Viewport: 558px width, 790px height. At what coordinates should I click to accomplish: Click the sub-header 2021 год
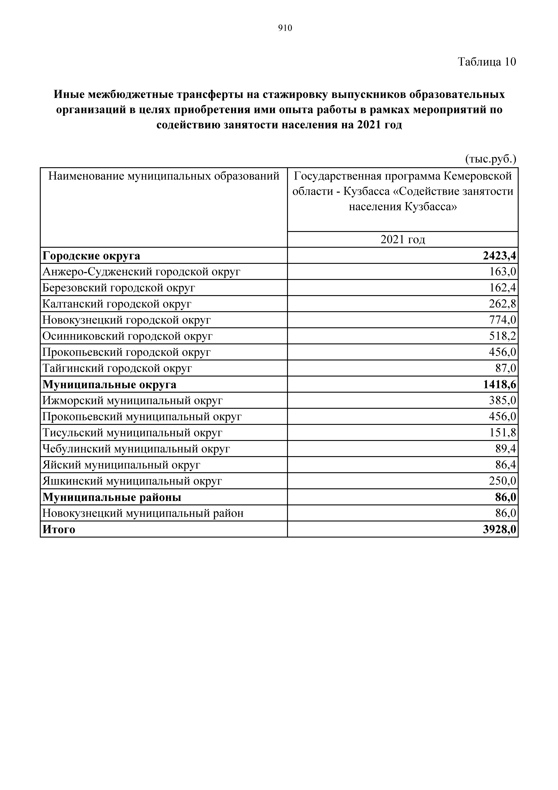coord(403,239)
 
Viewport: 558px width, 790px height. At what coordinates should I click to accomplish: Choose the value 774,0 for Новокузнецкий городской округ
coord(503,320)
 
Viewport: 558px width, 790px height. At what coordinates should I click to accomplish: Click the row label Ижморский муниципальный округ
coord(132,401)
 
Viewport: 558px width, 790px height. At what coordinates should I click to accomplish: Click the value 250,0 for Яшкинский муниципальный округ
coord(503,481)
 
